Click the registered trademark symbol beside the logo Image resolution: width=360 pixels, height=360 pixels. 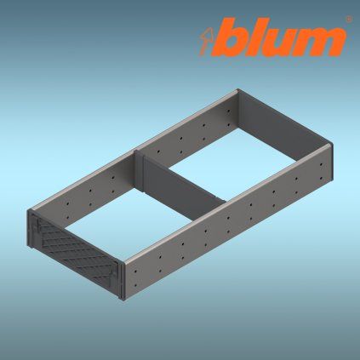[x=349, y=20]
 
